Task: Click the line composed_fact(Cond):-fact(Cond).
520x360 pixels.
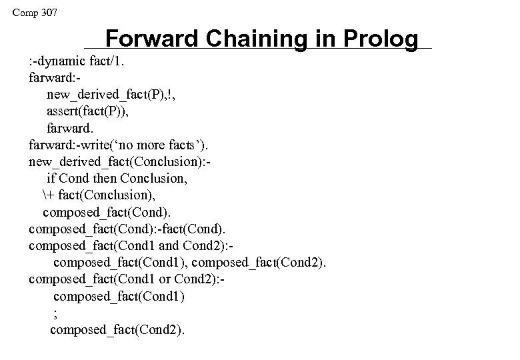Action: [131, 229]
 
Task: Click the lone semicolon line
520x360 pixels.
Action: [55, 313]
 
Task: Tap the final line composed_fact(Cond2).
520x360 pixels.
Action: [119, 329]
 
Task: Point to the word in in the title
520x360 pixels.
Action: [319, 38]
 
